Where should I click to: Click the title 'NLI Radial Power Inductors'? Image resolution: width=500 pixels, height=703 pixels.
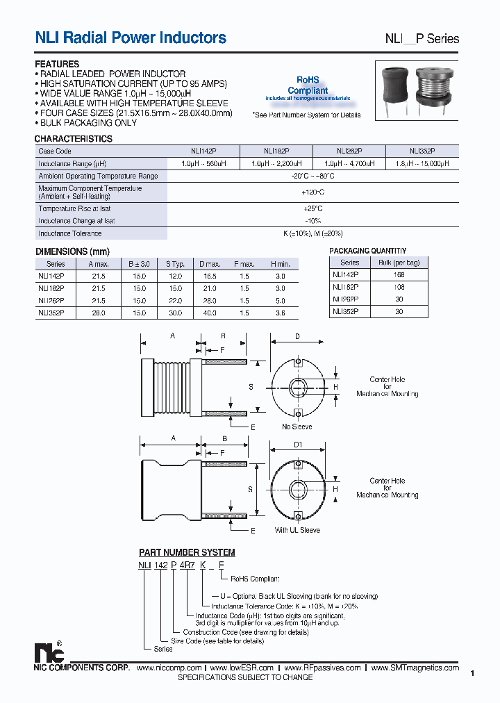coord(131,38)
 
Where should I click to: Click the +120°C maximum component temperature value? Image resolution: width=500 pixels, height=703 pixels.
coord(312,192)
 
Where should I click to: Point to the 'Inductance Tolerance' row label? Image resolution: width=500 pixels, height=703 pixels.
coord(70,234)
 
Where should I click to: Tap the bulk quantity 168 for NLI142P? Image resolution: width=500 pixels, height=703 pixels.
coord(399,275)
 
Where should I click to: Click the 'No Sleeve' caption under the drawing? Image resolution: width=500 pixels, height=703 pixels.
coord(297,427)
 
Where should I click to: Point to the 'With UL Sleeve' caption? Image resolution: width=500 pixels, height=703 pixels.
coord(297,530)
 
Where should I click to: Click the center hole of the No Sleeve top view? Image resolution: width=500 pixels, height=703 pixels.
coord(297,386)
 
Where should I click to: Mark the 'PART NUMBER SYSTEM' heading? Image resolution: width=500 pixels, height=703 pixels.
coord(187,552)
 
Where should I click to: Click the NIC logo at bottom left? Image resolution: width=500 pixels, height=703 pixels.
coord(49,652)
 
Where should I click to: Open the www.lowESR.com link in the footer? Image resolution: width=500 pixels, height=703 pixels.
coord(242,668)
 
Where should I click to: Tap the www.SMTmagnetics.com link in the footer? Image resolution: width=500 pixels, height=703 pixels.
coord(415,668)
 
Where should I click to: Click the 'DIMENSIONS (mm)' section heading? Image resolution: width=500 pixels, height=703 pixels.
coord(72,251)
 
